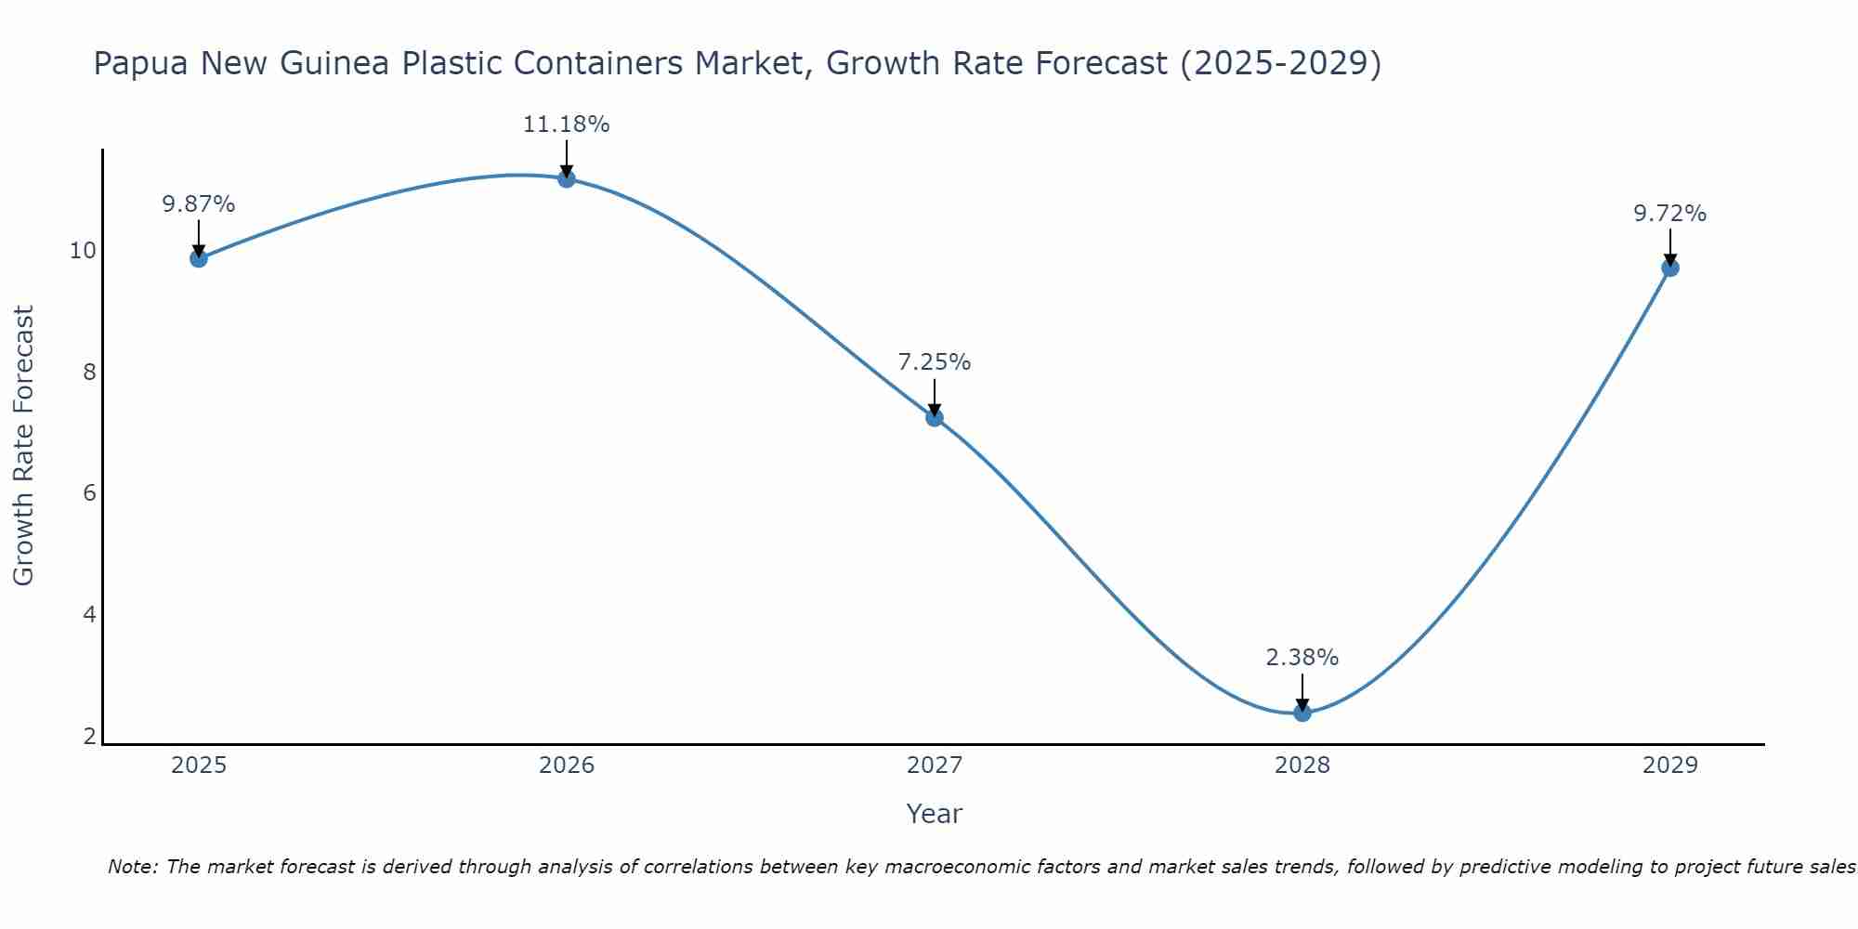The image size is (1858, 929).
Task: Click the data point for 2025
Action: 199,258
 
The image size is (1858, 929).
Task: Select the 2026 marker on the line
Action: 567,178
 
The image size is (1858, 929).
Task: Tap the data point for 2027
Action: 935,417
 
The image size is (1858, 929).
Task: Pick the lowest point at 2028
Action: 1302,713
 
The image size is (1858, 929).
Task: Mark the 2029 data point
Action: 1670,268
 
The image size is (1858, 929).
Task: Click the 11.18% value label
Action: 567,124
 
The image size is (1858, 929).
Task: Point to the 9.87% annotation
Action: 199,204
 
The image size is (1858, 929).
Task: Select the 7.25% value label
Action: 935,362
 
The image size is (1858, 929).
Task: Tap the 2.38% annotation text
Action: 1302,658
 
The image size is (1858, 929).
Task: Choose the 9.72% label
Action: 1670,214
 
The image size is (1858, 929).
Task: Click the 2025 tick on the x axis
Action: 199,765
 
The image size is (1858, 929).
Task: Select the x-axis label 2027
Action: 935,765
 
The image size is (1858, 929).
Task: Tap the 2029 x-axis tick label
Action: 1670,765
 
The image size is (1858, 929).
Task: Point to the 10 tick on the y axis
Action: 84,251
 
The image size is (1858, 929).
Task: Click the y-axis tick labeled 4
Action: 90,615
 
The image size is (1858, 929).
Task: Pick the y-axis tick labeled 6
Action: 90,493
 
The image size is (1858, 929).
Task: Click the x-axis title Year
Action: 935,814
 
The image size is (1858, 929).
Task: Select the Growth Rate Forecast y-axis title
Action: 24,446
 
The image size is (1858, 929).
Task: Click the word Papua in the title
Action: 142,63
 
